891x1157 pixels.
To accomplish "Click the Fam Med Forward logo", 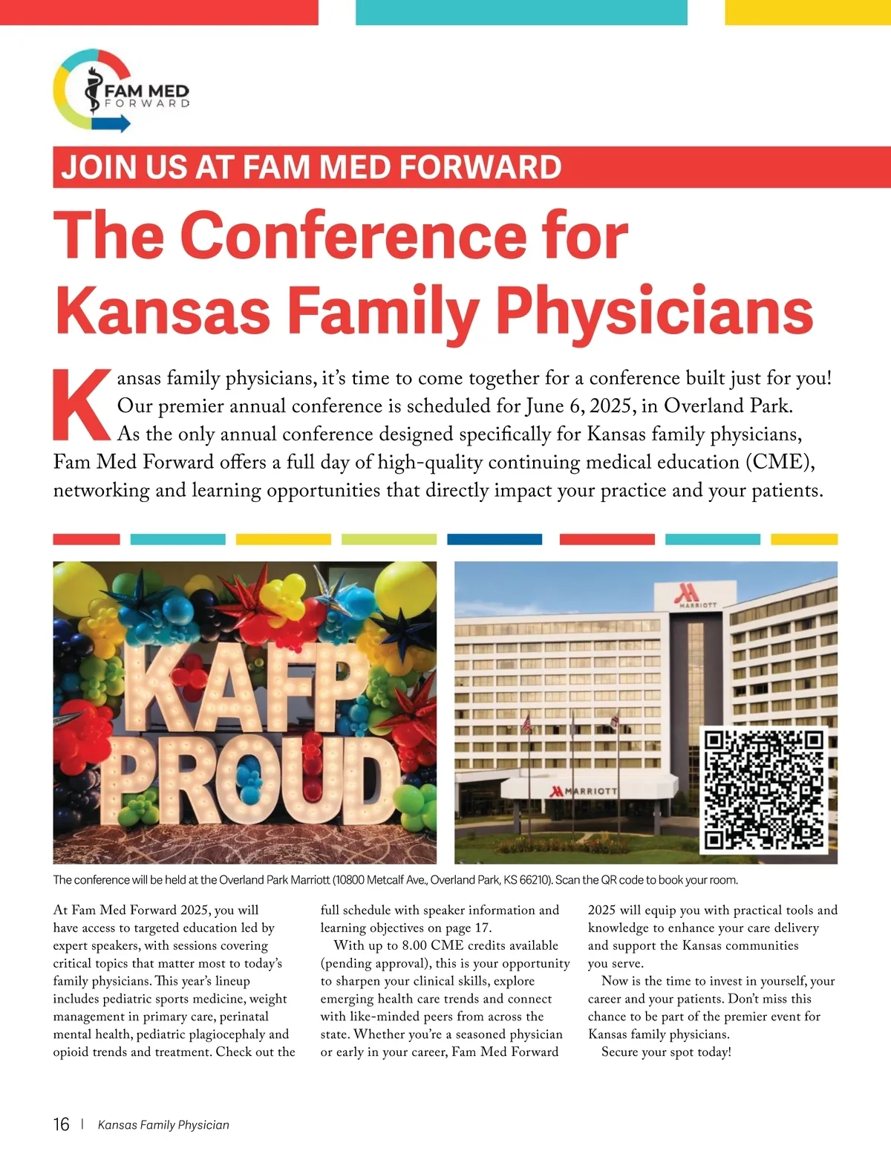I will [121, 91].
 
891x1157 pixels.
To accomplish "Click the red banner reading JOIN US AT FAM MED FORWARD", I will [312, 167].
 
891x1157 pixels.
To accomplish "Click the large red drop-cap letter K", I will [81, 405].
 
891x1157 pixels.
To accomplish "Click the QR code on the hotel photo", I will [764, 789].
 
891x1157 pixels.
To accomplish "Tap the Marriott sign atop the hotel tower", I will [695, 595].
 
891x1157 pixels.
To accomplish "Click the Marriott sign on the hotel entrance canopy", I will [584, 791].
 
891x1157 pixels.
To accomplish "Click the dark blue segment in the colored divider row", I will [495, 539].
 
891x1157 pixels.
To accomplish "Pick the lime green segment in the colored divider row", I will [388, 539].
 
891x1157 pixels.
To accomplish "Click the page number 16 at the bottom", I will [61, 1124].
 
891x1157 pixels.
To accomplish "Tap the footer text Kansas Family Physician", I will [163, 1125].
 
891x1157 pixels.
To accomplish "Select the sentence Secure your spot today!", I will [666, 1052].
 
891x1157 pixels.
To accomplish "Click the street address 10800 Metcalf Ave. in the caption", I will [379, 880].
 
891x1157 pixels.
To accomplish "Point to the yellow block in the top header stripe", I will [807, 12].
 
